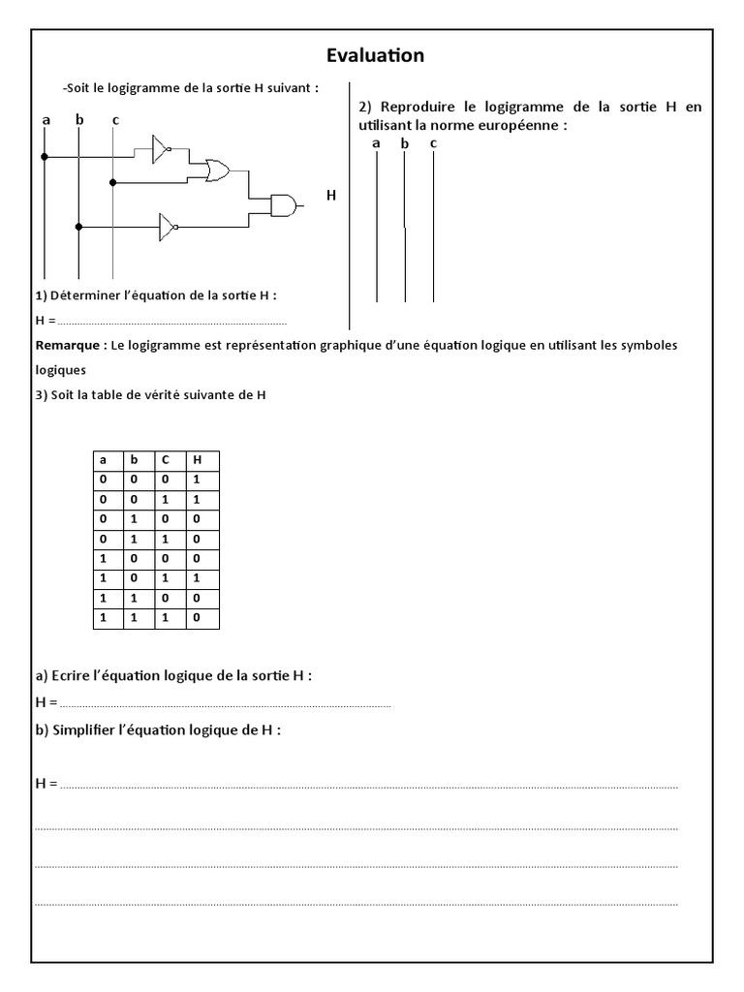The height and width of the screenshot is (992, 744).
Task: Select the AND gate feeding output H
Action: [284, 205]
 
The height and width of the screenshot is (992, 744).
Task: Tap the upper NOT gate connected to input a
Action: [160, 149]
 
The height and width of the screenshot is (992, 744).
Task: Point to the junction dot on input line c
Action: [113, 182]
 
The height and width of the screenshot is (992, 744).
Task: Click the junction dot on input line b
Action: [78, 227]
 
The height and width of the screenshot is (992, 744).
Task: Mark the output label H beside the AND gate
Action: [331, 196]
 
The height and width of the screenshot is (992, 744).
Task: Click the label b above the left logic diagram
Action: [79, 120]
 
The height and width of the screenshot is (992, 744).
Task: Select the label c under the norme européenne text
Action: [433, 143]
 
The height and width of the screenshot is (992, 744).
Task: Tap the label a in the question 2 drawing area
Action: [376, 143]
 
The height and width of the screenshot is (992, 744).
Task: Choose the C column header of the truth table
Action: [166, 461]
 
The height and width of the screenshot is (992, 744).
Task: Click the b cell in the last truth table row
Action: [136, 617]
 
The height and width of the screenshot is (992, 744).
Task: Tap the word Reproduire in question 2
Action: [418, 108]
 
